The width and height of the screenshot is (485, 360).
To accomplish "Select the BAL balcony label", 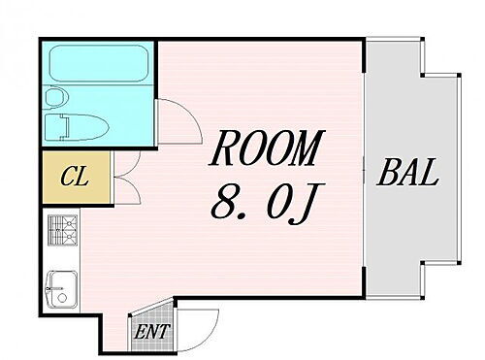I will [x=409, y=177].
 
